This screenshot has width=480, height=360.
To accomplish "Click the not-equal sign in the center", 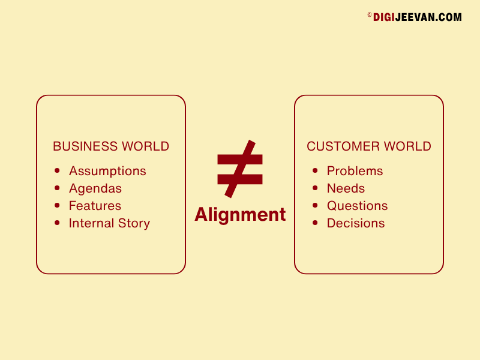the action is (239, 169).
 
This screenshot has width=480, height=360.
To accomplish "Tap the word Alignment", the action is (240, 214).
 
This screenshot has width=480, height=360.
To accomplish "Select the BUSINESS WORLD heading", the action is (111, 146).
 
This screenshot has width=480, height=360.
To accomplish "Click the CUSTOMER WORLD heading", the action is (369, 146).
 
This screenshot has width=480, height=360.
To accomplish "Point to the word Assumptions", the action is (107, 172).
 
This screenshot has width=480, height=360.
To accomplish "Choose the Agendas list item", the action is (95, 189).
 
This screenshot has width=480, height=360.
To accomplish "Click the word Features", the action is (95, 206).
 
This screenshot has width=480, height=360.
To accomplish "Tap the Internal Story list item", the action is (109, 223).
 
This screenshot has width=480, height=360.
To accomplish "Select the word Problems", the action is (355, 171).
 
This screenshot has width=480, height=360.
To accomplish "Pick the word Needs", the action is (346, 188).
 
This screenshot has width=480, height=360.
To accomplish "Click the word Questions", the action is (357, 206).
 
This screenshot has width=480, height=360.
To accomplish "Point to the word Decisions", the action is (356, 223).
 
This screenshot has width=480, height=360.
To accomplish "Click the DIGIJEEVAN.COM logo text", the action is (417, 17).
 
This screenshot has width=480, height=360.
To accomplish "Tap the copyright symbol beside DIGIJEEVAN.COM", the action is (370, 14).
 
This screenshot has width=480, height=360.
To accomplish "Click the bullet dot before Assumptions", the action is (57, 170).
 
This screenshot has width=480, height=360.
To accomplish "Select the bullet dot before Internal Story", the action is (57, 223).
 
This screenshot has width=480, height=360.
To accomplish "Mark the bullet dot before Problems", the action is (315, 170).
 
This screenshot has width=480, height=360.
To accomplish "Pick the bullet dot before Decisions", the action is (315, 223).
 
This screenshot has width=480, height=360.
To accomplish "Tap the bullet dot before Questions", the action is (315, 205).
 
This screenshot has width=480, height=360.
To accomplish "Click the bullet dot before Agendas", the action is (57, 188).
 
